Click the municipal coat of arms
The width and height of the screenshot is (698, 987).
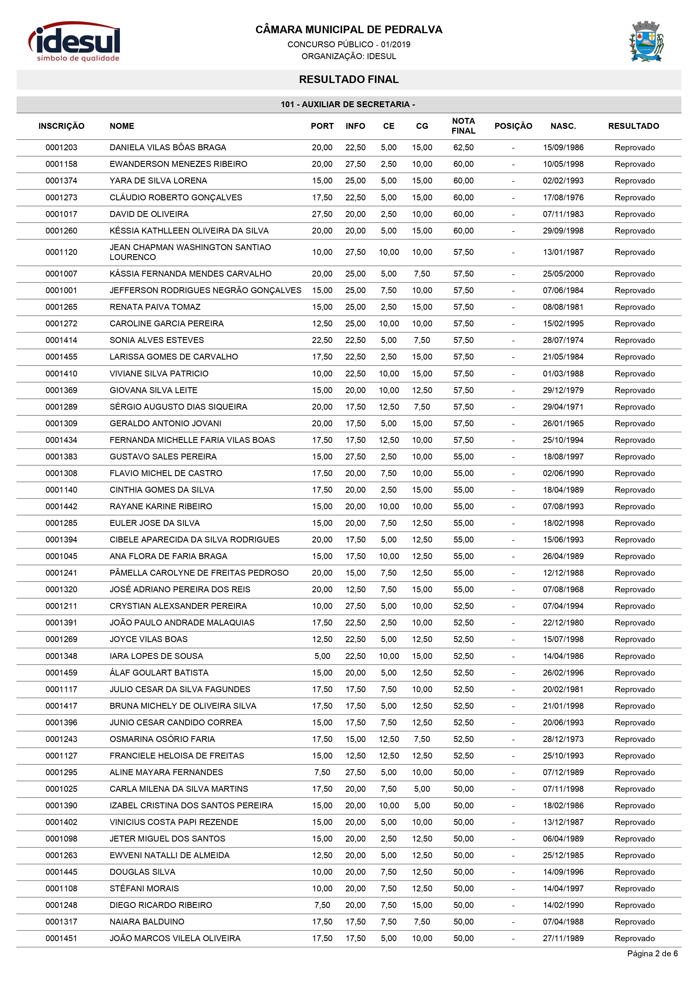[x=646, y=42]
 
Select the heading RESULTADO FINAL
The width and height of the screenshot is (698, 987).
[x=349, y=80]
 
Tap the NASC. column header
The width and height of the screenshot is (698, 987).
[x=563, y=126]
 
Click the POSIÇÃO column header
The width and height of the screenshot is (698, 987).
[x=513, y=126]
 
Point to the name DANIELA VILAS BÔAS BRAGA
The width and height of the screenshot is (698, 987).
[x=168, y=147]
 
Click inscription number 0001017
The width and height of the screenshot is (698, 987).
[x=61, y=214]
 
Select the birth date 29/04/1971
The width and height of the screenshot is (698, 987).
[x=563, y=407]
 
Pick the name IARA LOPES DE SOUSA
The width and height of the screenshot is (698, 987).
[x=156, y=656]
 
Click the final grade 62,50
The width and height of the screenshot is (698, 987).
[x=463, y=147]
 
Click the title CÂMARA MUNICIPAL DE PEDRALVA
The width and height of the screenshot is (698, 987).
[x=349, y=30]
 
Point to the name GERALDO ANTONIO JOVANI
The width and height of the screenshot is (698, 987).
[x=165, y=423]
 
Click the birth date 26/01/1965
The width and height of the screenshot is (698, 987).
[x=563, y=423]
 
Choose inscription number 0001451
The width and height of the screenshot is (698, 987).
[x=61, y=938]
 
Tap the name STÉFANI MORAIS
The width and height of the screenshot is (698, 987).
[x=144, y=889]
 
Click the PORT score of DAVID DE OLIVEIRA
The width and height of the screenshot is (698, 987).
[x=322, y=214]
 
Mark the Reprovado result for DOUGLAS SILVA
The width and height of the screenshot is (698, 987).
[x=634, y=872]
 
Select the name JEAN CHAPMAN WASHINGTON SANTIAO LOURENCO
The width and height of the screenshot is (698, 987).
[x=190, y=252]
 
